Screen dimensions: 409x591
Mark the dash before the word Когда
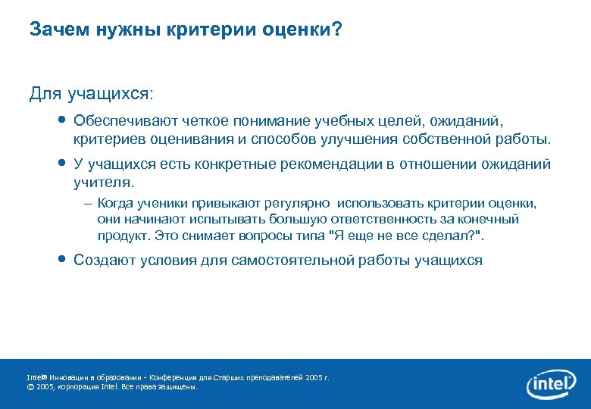coord(89,204)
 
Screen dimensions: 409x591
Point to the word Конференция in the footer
coord(177,376)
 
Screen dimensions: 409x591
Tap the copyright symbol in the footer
coord(30,386)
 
